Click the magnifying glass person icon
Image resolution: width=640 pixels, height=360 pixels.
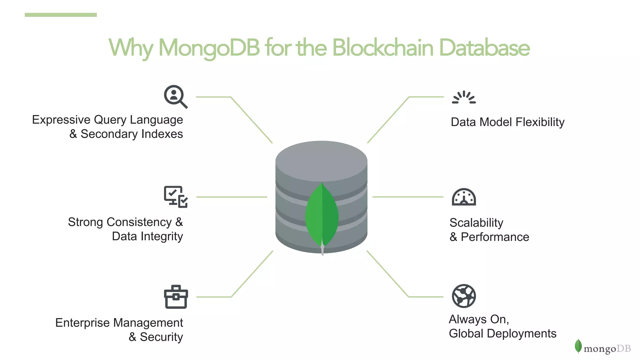tap(175, 97)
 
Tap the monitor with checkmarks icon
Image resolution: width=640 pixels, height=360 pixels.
tap(176, 197)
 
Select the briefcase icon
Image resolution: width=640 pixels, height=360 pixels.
tap(176, 297)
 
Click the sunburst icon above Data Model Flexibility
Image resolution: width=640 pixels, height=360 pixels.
tap(464, 97)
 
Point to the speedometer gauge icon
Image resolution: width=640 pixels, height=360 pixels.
tap(464, 197)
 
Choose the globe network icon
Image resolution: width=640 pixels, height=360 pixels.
tap(464, 296)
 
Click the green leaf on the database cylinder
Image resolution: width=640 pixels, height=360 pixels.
tap(322, 216)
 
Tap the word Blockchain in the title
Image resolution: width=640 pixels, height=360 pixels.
tap(382, 48)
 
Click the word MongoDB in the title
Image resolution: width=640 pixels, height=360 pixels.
tap(209, 48)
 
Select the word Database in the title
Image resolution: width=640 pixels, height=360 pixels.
tap(484, 48)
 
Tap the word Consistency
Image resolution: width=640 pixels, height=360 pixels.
tap(139, 222)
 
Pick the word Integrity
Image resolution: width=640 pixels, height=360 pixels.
tap(162, 237)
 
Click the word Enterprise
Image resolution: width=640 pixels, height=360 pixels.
tap(82, 323)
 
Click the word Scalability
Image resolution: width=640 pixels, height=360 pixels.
tap(476, 223)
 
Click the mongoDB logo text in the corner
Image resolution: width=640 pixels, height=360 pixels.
tap(607, 348)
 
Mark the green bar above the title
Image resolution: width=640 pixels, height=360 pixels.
tap(61, 15)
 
